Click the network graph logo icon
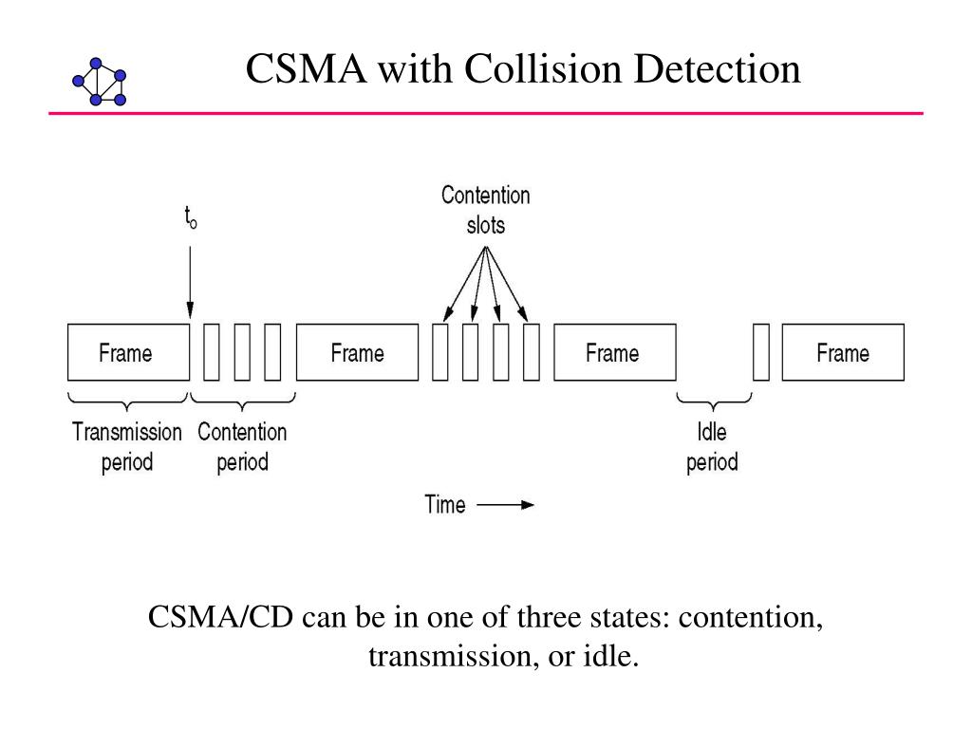tap(99, 82)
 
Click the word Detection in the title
tap(718, 68)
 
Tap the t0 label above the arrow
tap(190, 217)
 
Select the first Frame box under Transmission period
tap(129, 352)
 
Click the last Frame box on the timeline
tap(843, 352)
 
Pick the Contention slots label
tap(485, 210)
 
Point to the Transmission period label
tap(127, 446)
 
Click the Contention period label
tap(242, 446)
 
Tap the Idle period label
tap(712, 446)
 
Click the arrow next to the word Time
tap(505, 505)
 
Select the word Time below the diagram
tap(444, 504)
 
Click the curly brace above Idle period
tap(714, 402)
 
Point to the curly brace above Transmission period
tap(128, 402)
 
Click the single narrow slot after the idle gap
tap(761, 352)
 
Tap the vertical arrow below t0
tap(190, 283)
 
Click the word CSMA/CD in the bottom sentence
tap(220, 617)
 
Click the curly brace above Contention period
tap(242, 402)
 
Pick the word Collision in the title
tap(542, 68)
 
